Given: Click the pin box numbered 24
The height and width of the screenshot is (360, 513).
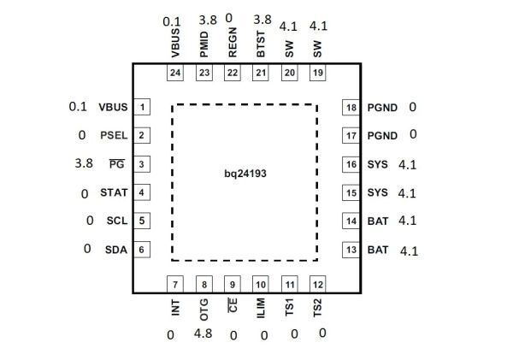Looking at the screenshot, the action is click(x=175, y=73).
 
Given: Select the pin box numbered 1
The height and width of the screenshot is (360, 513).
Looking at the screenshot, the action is click(x=142, y=107).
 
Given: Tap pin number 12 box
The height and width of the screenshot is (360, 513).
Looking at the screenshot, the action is click(x=318, y=284).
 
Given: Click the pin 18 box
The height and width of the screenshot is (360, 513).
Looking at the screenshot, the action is click(x=351, y=108).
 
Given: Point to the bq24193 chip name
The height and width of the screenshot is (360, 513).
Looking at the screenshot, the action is click(x=245, y=174).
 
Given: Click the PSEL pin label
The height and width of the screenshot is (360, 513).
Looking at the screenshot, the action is click(x=114, y=135).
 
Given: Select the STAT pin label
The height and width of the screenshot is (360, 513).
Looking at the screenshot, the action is click(x=114, y=192).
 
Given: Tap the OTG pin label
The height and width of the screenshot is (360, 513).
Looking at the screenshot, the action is click(x=203, y=310).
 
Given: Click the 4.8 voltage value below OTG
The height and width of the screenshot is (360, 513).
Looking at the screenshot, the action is click(x=203, y=333).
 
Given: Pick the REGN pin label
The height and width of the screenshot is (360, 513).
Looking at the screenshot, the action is click(x=233, y=42).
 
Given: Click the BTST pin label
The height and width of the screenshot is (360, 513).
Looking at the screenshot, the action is click(x=261, y=44).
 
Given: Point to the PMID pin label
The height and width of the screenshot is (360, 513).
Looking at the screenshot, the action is click(x=204, y=44).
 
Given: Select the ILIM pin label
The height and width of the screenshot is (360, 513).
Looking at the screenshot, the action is click(x=261, y=308).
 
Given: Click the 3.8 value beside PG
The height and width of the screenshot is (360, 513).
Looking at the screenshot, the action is click(x=84, y=163).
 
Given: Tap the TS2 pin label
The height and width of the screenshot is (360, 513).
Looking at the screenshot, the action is click(x=318, y=308).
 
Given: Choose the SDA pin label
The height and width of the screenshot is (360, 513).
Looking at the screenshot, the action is click(x=116, y=250).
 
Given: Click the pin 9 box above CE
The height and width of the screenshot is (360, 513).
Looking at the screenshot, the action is click(x=233, y=284).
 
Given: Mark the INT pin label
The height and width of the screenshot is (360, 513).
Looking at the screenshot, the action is click(x=175, y=307).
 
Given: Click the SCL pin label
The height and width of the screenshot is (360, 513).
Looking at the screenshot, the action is click(x=117, y=221).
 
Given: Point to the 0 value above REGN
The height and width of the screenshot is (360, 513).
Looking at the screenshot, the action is click(x=229, y=18).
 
